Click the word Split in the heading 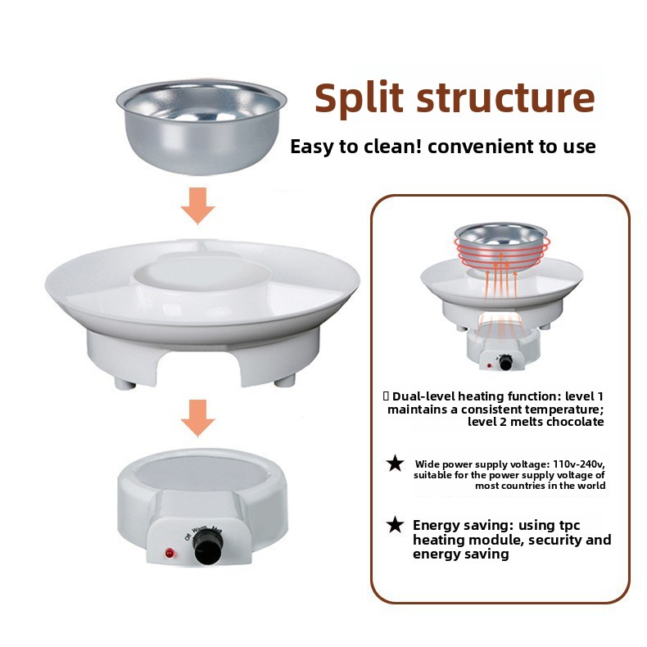[x=359, y=98]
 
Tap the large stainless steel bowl [x=201, y=127]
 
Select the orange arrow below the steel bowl [x=198, y=206]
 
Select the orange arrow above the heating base [x=198, y=418]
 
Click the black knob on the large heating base [x=208, y=547]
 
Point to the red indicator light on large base [x=170, y=553]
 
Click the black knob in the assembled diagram [x=505, y=363]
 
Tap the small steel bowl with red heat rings [x=501, y=247]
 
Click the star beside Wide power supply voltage [x=396, y=464]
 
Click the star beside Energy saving [x=396, y=525]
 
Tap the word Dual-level [x=423, y=396]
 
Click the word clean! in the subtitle [x=391, y=147]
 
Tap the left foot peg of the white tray [x=124, y=384]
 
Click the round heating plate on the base [x=202, y=473]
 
